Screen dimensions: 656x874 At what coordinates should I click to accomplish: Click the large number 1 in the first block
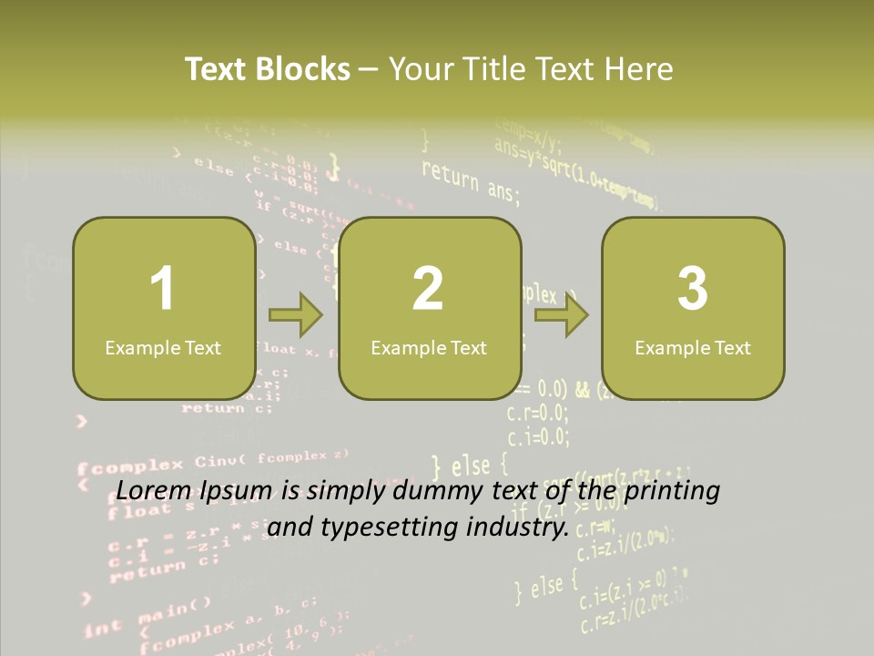[x=163, y=289]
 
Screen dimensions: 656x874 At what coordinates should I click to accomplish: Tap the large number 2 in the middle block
[x=428, y=289]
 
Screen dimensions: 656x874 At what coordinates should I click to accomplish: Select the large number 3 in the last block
[x=693, y=289]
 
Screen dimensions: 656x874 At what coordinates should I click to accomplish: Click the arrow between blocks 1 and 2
[x=296, y=316]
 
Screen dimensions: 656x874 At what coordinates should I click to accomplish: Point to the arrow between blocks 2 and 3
[x=562, y=316]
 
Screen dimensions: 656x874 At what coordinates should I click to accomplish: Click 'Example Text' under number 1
[x=163, y=348]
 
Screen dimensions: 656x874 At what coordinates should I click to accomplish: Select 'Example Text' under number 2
[x=429, y=348]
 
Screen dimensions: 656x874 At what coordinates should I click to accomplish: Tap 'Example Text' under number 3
[x=693, y=348]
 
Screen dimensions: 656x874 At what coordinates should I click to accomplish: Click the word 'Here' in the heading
[x=637, y=69]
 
